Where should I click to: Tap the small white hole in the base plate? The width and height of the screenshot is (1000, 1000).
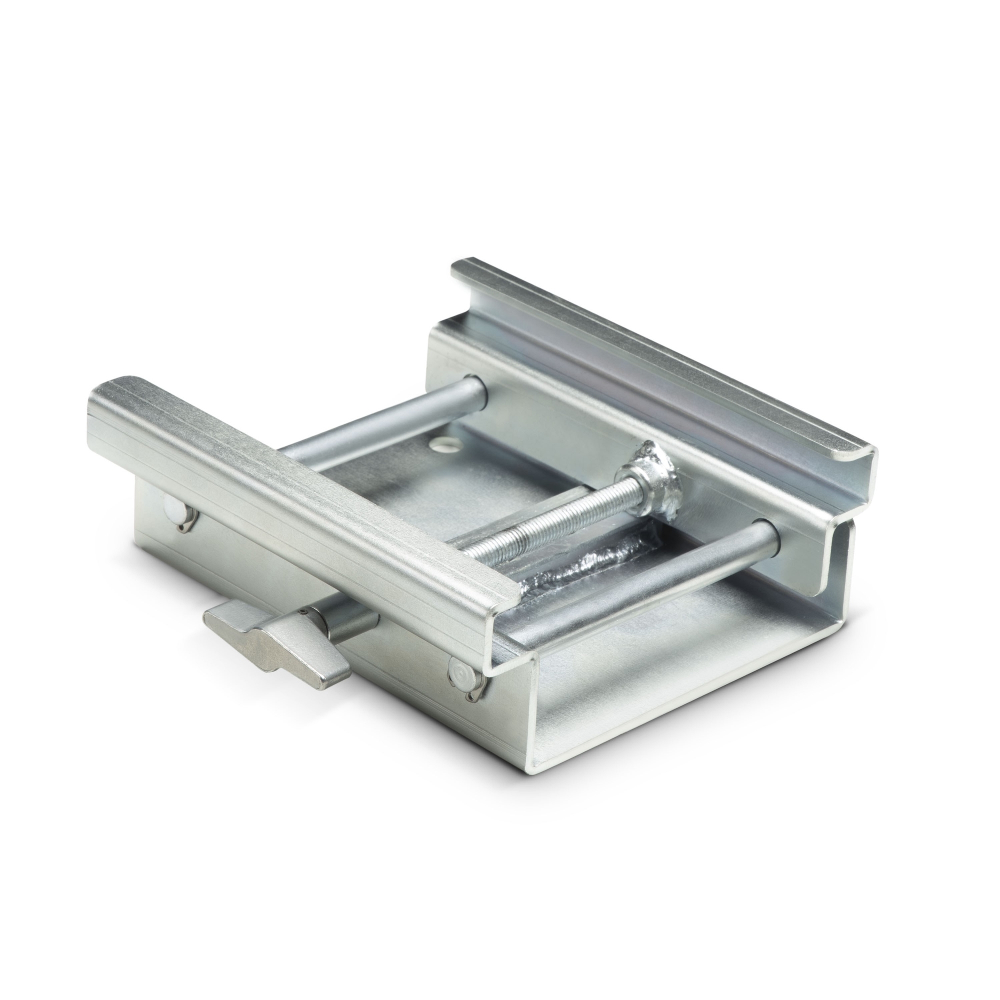441,429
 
